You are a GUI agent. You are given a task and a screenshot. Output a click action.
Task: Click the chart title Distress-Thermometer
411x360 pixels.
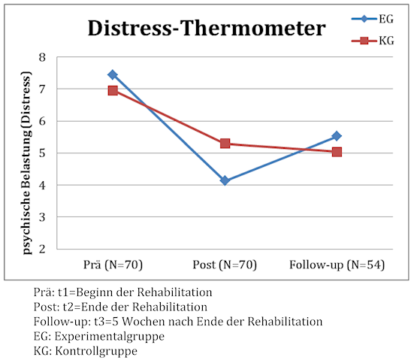(207, 28)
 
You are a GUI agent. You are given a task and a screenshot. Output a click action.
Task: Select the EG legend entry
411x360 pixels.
(373, 19)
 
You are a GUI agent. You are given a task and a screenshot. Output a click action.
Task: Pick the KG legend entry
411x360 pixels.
(373, 41)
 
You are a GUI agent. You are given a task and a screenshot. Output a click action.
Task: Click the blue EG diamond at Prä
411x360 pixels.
(113, 74)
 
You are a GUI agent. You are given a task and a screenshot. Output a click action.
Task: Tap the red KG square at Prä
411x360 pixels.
(113, 91)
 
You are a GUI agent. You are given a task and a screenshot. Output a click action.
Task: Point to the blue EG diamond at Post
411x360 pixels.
(225, 180)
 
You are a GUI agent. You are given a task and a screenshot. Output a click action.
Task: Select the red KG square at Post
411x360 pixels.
(225, 144)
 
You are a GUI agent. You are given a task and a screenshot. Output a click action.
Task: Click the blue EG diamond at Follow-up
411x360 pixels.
(337, 136)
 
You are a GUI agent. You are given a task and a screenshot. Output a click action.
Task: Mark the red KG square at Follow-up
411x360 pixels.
(337, 152)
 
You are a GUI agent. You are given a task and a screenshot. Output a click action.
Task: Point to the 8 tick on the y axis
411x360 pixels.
(42, 57)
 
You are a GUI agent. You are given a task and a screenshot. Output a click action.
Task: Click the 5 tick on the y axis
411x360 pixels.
(42, 153)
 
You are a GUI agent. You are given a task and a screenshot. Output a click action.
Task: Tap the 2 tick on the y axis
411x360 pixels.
(42, 249)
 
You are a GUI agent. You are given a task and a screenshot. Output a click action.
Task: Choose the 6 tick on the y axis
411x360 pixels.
(42, 121)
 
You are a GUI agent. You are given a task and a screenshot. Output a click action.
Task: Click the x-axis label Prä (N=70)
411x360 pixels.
(113, 265)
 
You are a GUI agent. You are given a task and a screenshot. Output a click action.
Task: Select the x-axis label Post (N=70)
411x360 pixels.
(225, 265)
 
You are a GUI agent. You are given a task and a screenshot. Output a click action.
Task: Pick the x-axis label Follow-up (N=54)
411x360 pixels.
(337, 265)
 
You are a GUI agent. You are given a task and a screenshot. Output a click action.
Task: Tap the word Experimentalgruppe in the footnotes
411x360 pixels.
(109, 337)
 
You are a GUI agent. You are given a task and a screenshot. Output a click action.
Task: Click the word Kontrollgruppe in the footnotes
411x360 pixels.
(96, 351)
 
